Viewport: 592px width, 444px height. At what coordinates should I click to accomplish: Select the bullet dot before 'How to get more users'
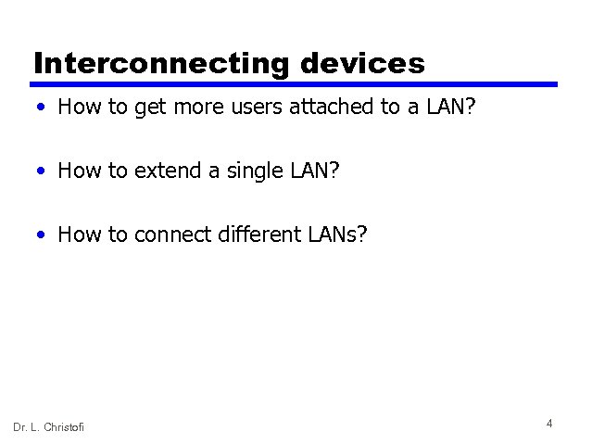tap(43, 108)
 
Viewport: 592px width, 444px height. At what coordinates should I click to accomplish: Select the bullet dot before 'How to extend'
tap(43, 171)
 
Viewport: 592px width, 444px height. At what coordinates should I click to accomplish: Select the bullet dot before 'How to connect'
tap(43, 235)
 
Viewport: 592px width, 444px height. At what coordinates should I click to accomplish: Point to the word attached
tap(325, 108)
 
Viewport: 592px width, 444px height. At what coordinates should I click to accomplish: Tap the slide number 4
tap(549, 424)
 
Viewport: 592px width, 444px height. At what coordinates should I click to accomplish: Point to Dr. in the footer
tap(19, 426)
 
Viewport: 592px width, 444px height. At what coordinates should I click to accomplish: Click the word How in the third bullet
tap(79, 235)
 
